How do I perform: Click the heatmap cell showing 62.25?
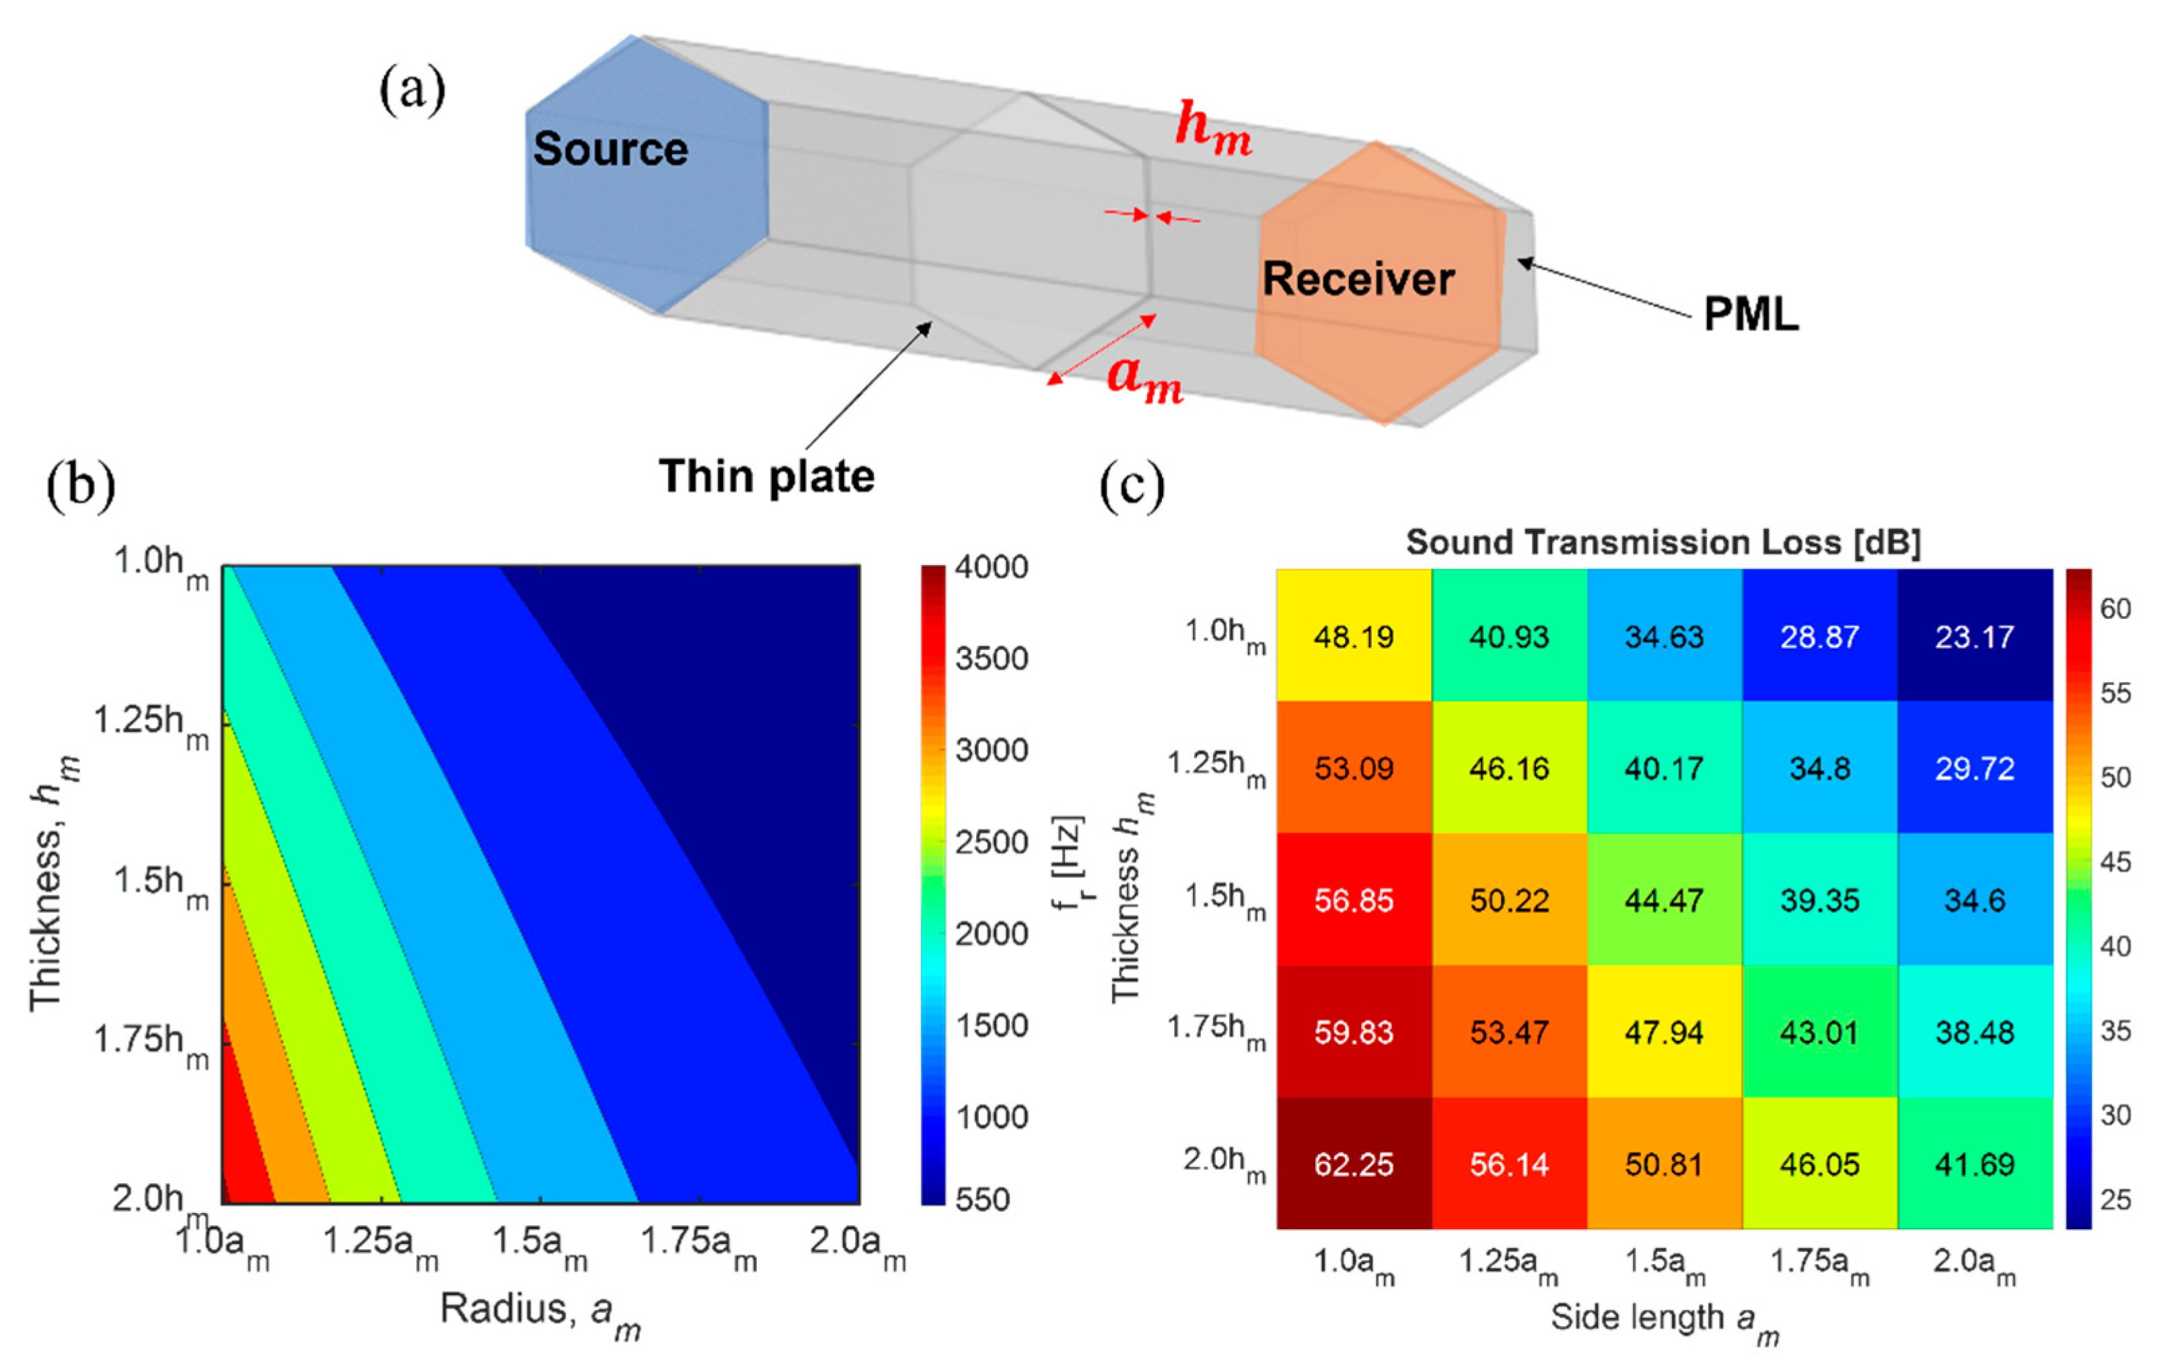click(1354, 1164)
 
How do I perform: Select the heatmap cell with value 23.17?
click(1974, 636)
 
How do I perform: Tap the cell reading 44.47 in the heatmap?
click(1664, 900)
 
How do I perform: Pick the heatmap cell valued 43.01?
click(1819, 1032)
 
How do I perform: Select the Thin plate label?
click(766, 476)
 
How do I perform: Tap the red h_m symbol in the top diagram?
click(1213, 128)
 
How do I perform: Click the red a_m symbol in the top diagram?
click(1145, 377)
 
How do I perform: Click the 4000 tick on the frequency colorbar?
click(991, 566)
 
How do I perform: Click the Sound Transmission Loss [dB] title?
click(1663, 542)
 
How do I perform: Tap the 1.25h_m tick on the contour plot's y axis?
click(151, 723)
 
